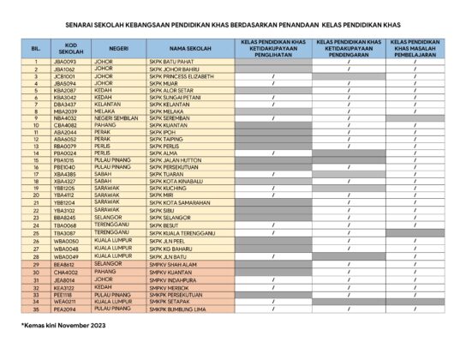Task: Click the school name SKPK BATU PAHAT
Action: pyautogui.click(x=194, y=63)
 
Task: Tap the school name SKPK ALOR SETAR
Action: pyautogui.click(x=194, y=90)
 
